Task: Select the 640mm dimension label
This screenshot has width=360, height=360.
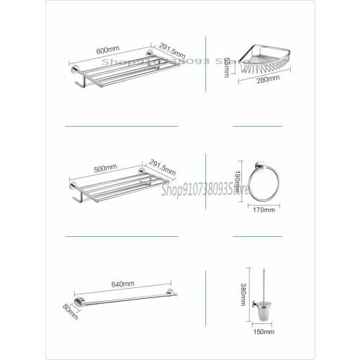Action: tap(122, 284)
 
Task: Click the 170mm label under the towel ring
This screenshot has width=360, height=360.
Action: tap(265, 210)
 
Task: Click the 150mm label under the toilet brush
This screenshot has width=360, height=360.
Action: tap(264, 332)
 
